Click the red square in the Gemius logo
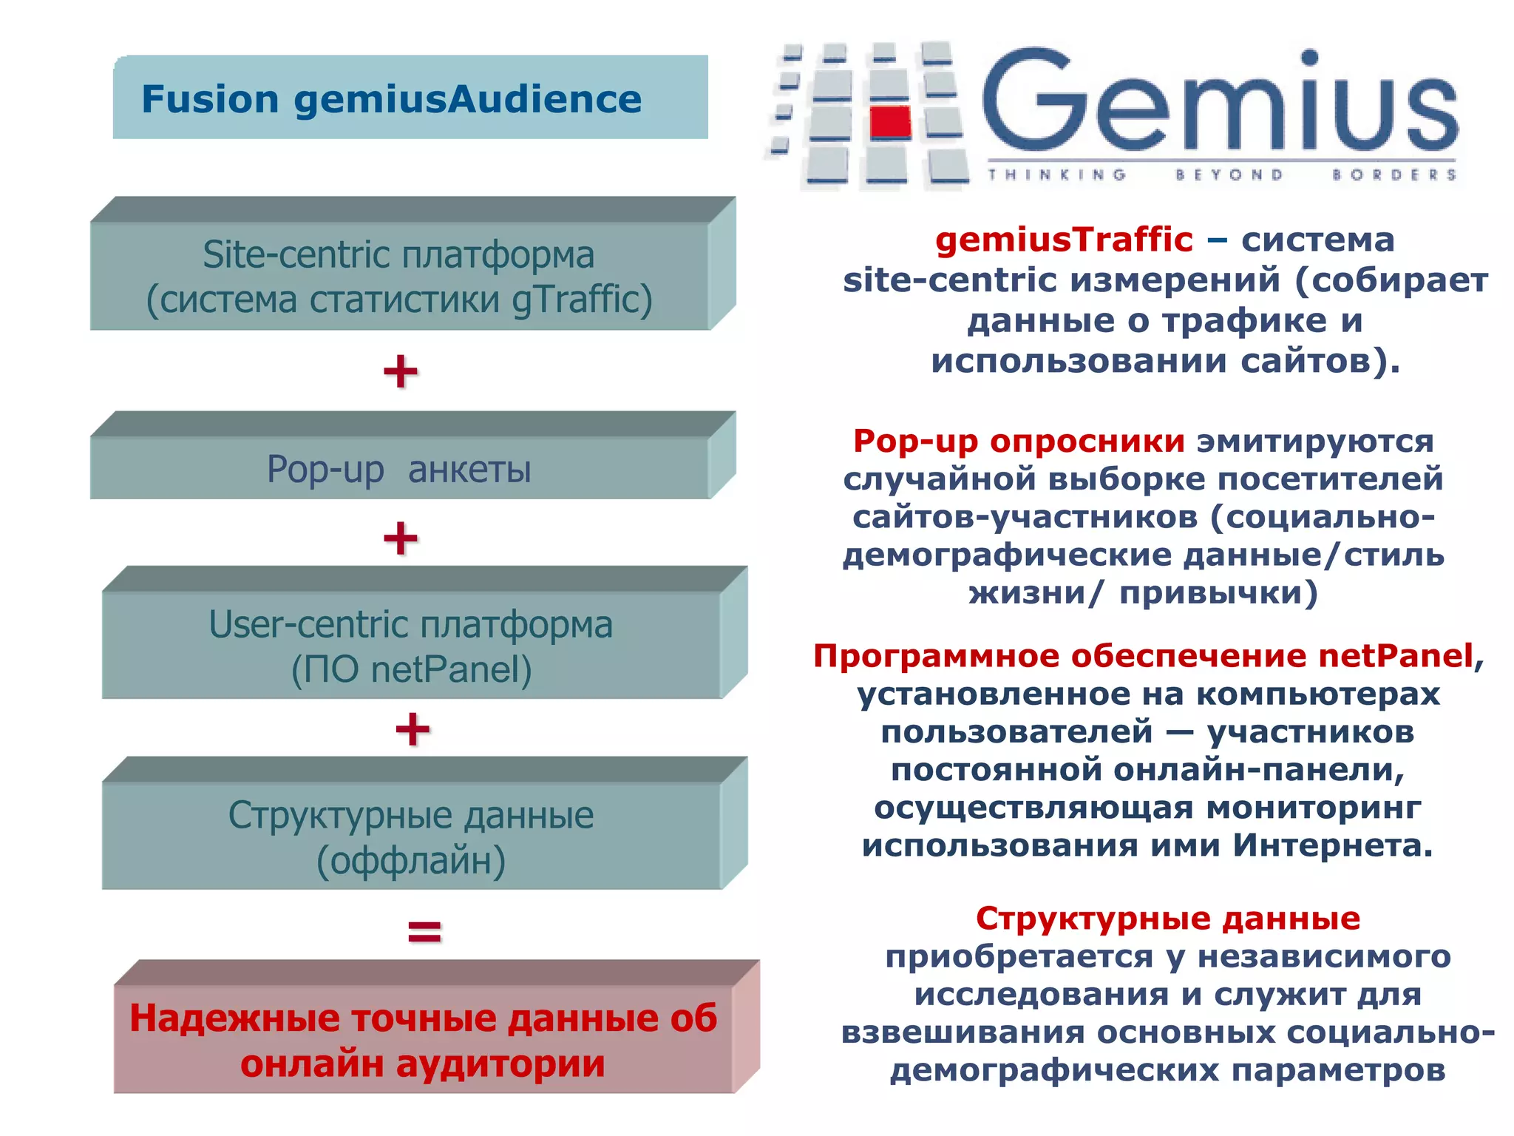[x=890, y=123]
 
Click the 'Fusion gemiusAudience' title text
[x=391, y=99]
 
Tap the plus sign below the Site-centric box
[x=401, y=371]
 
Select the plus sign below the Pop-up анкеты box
[x=401, y=538]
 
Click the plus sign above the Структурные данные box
[x=413, y=729]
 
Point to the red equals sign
[x=424, y=931]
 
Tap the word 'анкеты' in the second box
[x=469, y=470]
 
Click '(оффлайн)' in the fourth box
[x=411, y=861]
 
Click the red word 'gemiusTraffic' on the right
[x=1064, y=240]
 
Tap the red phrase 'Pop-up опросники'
[x=1018, y=442]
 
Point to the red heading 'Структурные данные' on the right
[x=1167, y=919]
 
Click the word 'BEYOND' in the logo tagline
[x=1229, y=175]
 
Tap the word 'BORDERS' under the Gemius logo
[x=1394, y=175]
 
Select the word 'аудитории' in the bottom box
[x=500, y=1064]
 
